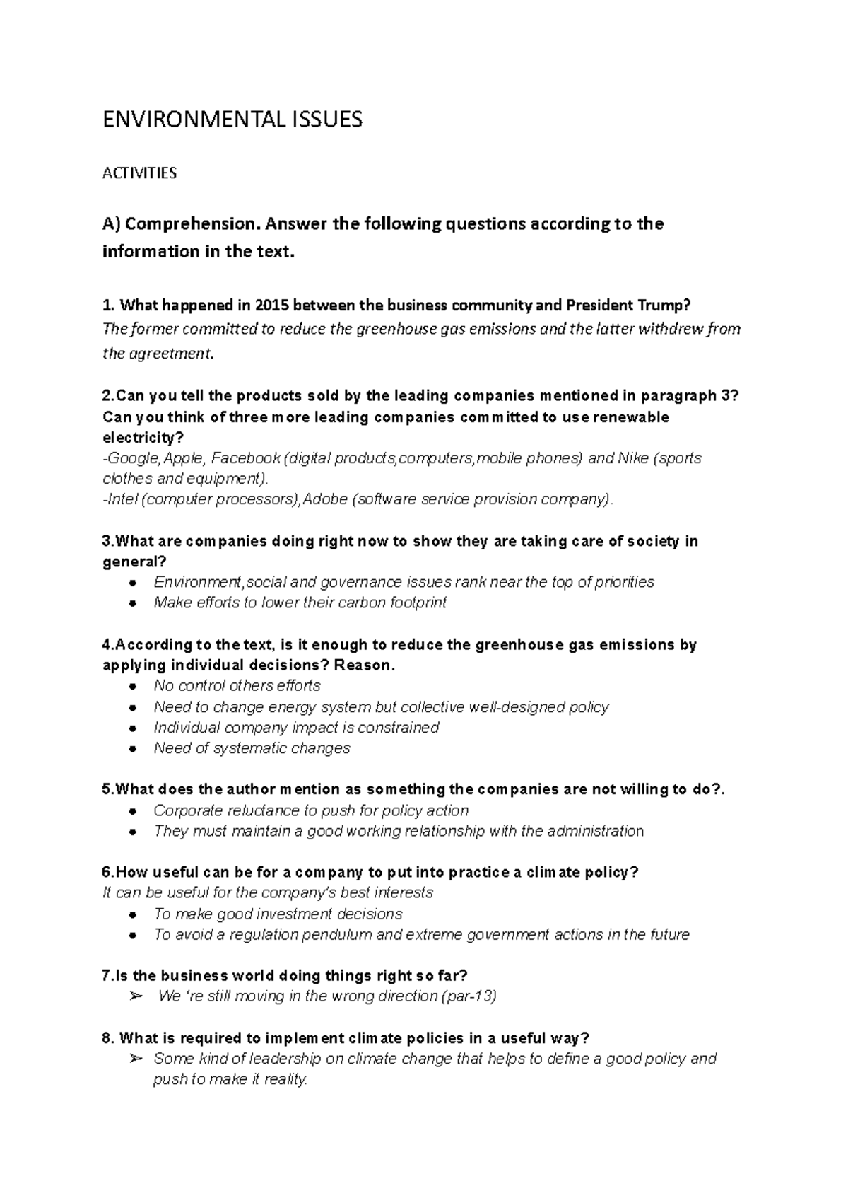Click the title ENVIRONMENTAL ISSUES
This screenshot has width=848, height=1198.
(x=232, y=120)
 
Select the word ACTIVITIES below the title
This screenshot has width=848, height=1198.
(x=139, y=173)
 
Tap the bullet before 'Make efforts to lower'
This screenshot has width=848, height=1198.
(x=133, y=604)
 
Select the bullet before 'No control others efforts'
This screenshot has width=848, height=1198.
(x=133, y=687)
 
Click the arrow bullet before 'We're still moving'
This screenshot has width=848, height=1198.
(x=136, y=997)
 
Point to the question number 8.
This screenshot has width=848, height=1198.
(x=107, y=1038)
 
